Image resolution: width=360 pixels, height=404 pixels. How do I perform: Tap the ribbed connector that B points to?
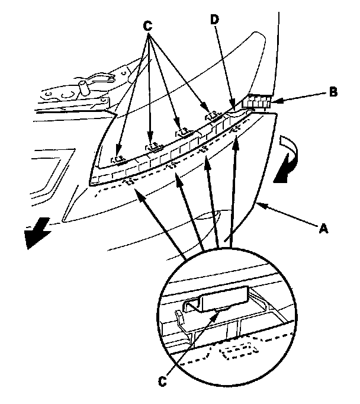click(257, 102)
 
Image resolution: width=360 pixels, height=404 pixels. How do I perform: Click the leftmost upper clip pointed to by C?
click(120, 159)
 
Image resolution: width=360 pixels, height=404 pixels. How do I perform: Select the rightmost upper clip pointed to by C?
click(210, 117)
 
